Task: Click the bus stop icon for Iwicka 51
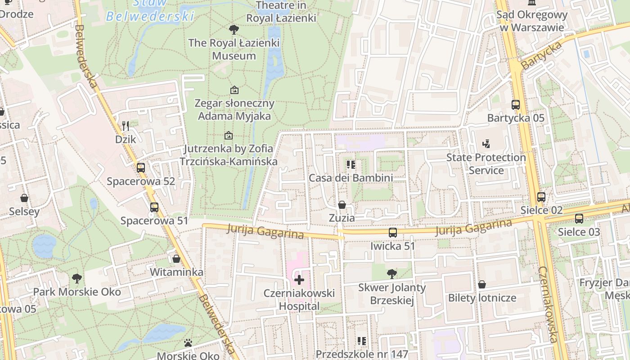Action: tap(393, 233)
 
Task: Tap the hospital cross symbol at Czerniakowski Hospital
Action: tap(299, 280)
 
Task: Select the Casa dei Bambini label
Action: tap(351, 178)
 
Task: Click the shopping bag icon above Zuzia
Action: tap(342, 205)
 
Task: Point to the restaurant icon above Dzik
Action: tap(126, 126)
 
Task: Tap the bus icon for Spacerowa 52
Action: tap(141, 168)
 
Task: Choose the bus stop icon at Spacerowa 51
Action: tap(154, 207)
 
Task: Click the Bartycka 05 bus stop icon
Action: tap(516, 105)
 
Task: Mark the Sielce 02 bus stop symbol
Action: tap(541, 197)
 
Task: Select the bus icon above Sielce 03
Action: tap(579, 219)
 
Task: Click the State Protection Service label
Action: tap(486, 164)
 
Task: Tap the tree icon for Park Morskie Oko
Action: tap(77, 279)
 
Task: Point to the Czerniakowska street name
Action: tap(548, 304)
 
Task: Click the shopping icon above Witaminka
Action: tap(176, 259)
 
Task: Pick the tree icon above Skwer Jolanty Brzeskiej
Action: tap(392, 274)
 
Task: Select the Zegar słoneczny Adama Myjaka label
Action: tap(234, 110)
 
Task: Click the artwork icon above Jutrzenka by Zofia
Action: tap(229, 135)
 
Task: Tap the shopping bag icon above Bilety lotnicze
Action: tap(482, 284)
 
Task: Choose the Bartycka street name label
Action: tap(542, 55)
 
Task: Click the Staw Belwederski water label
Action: tap(150, 11)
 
